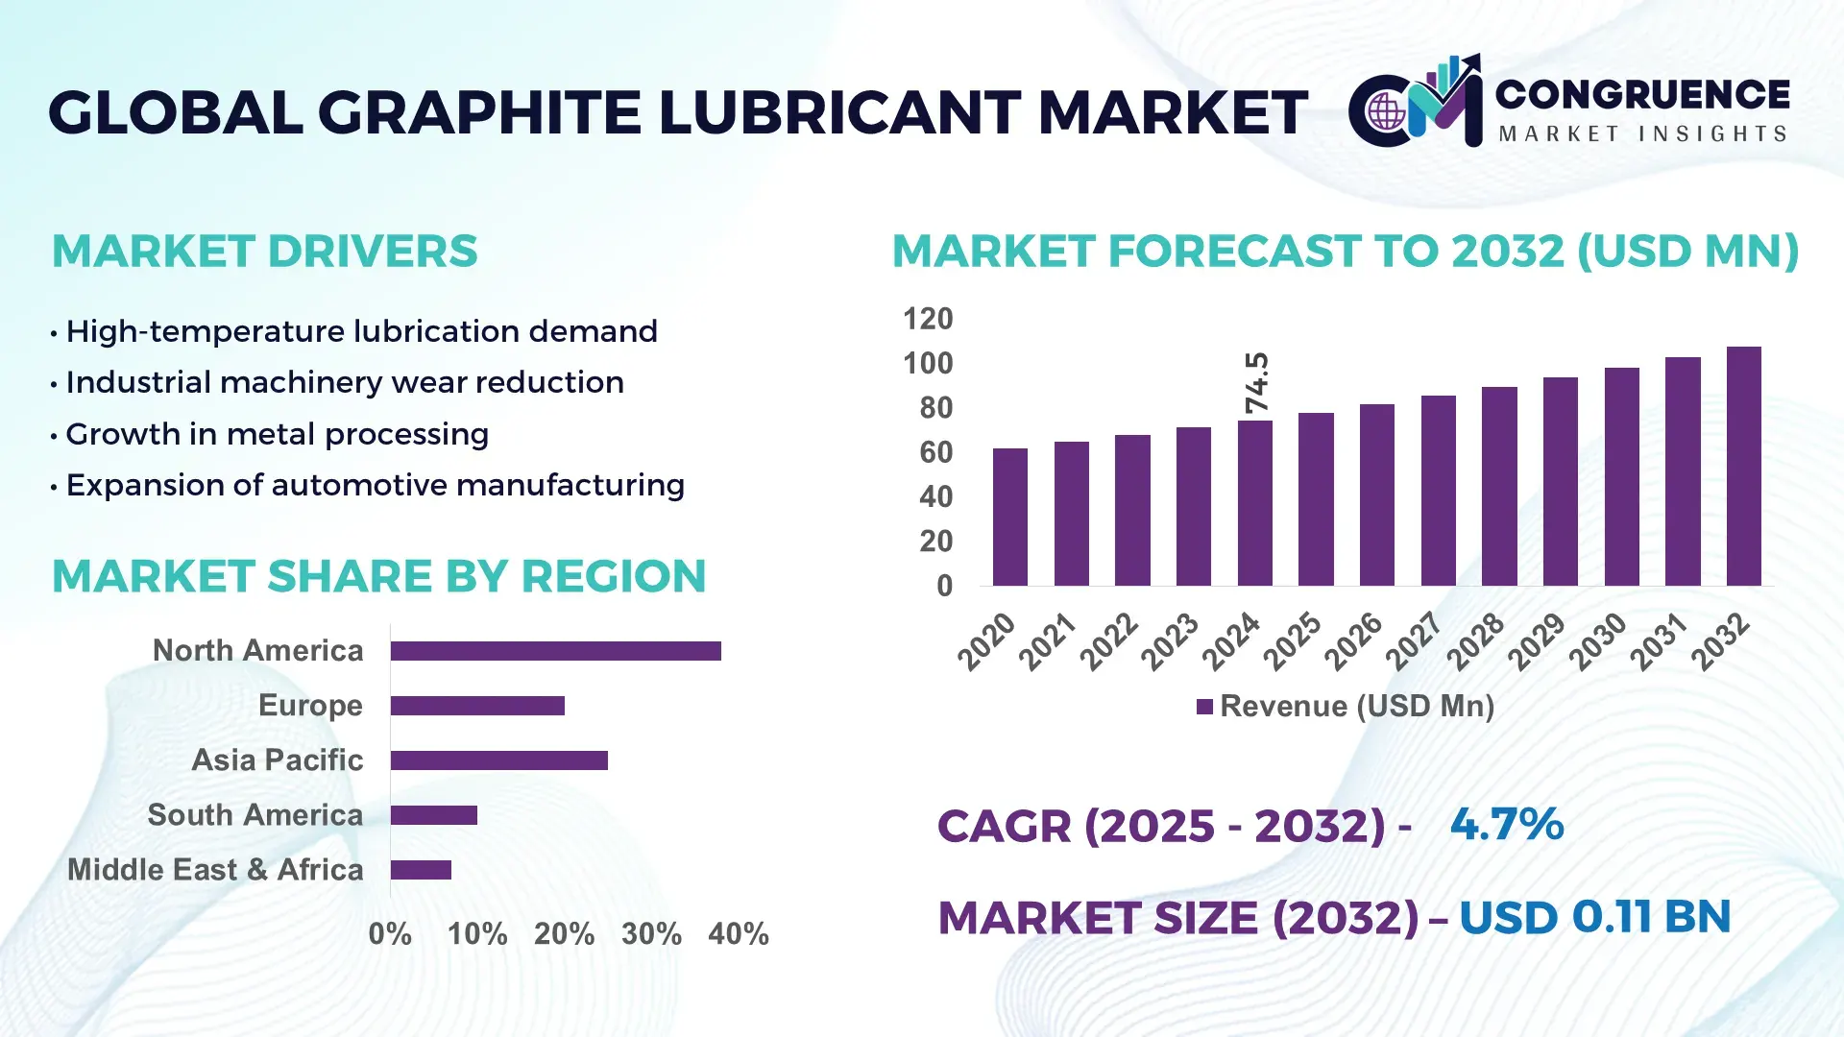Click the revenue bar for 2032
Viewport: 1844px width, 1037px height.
coord(1743,467)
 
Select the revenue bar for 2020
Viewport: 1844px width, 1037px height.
coord(1009,518)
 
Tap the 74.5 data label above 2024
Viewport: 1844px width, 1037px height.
coord(1256,383)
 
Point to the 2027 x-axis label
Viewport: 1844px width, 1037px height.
coord(1414,640)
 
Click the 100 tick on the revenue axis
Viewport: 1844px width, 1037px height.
coord(928,364)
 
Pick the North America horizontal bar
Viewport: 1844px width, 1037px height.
coord(555,651)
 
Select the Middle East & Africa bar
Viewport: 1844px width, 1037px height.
coord(421,870)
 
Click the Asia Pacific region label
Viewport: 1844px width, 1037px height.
coord(278,760)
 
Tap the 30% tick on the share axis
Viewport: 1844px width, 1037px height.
coord(651,933)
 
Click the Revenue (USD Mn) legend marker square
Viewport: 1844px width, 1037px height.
coord(1204,708)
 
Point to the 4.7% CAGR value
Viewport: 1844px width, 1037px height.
coord(1506,825)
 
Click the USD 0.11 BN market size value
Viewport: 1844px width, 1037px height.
coord(1594,917)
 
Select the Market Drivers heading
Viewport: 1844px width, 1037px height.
coord(265,252)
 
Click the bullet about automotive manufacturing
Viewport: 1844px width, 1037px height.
coord(375,486)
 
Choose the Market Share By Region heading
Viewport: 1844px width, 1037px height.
coord(379,576)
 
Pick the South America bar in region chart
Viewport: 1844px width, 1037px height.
coord(434,815)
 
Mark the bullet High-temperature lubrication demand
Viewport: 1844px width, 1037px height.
coord(361,332)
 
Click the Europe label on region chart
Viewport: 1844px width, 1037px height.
coord(310,706)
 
